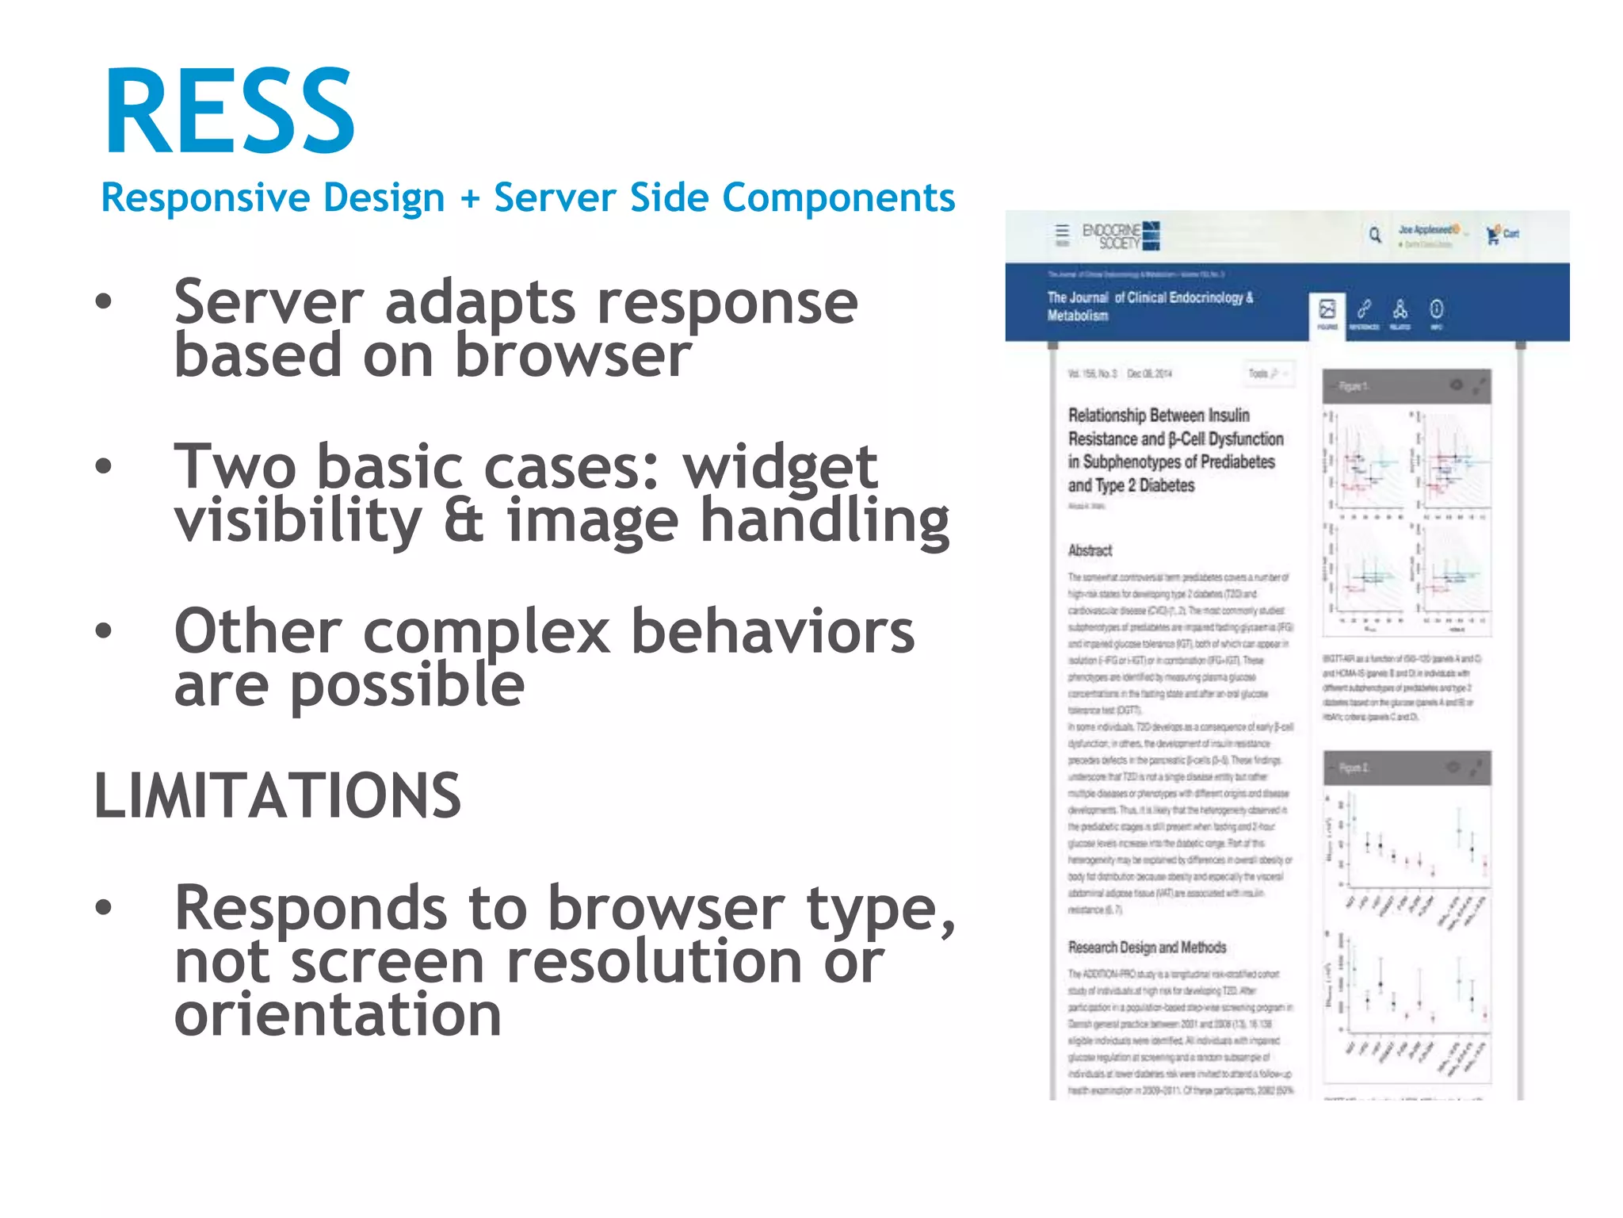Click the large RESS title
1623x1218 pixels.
tap(230, 111)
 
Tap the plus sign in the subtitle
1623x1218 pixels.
tap(470, 198)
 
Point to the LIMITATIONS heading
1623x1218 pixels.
tap(277, 795)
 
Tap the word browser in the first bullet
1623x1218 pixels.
tap(572, 355)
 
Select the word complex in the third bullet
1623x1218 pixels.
tap(487, 632)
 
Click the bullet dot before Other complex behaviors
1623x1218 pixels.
tap(104, 631)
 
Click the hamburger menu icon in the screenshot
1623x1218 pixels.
tap(1062, 232)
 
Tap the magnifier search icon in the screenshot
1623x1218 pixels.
tap(1375, 235)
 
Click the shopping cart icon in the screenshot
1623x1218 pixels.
tap(1493, 234)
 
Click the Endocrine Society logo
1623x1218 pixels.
tap(1121, 236)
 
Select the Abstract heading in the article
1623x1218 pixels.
tap(1090, 550)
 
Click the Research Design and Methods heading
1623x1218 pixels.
tap(1147, 948)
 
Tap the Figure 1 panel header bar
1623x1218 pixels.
tap(1407, 386)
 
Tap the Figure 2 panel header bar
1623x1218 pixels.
tap(1407, 768)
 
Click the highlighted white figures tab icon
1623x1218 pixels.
tap(1327, 313)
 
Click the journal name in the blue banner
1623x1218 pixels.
tap(1149, 306)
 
